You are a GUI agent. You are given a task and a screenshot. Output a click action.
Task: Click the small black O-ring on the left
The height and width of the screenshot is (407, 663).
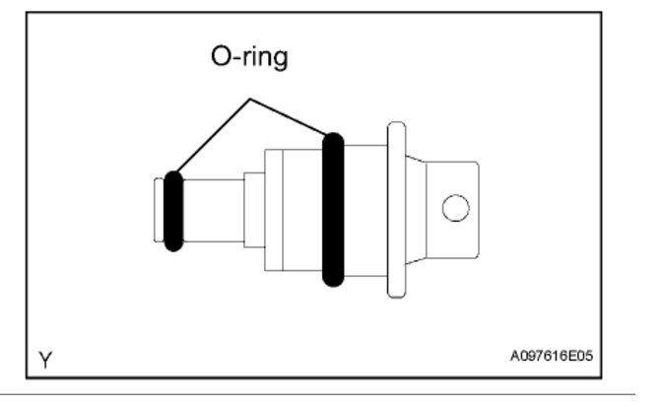[172, 210]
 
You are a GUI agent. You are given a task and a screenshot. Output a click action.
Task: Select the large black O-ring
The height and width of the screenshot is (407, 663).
[333, 209]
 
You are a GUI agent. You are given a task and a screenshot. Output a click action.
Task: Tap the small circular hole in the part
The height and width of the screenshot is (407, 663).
[455, 208]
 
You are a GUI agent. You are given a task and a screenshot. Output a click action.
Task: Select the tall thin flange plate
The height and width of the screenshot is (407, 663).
[397, 209]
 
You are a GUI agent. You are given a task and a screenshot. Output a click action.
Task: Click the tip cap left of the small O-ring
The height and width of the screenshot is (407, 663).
[158, 209]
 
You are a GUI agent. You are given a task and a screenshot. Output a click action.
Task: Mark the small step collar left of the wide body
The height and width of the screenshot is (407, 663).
[253, 209]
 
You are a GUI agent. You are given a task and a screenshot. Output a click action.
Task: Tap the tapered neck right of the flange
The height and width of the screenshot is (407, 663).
[416, 209]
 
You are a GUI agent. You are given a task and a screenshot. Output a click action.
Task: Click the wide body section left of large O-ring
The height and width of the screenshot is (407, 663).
[300, 209]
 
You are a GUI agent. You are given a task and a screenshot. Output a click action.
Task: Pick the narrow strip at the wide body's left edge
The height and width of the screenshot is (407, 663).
[271, 209]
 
